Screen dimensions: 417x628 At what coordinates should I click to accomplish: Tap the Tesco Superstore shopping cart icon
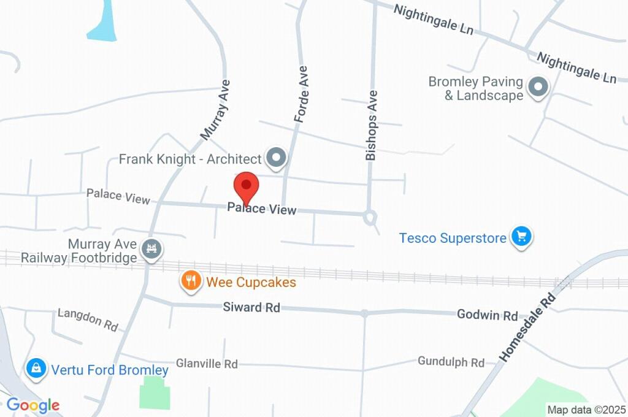[522, 237]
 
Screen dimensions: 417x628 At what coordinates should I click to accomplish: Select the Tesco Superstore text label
[453, 237]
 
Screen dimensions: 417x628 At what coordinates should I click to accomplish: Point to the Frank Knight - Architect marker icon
[277, 158]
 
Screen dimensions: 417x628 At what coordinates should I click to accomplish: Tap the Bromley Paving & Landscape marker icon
[538, 87]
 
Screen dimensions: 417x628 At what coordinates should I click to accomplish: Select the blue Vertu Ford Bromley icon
[37, 369]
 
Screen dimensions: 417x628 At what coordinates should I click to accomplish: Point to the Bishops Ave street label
[372, 125]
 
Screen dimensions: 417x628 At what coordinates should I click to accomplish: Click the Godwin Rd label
[488, 316]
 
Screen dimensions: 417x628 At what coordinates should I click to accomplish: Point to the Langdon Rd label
[88, 319]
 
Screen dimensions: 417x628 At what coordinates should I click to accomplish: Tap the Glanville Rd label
[207, 364]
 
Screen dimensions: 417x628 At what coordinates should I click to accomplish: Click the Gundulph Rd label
[451, 361]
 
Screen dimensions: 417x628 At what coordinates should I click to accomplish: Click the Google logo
[33, 405]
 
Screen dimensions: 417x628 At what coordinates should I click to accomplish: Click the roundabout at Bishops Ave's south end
[370, 216]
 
